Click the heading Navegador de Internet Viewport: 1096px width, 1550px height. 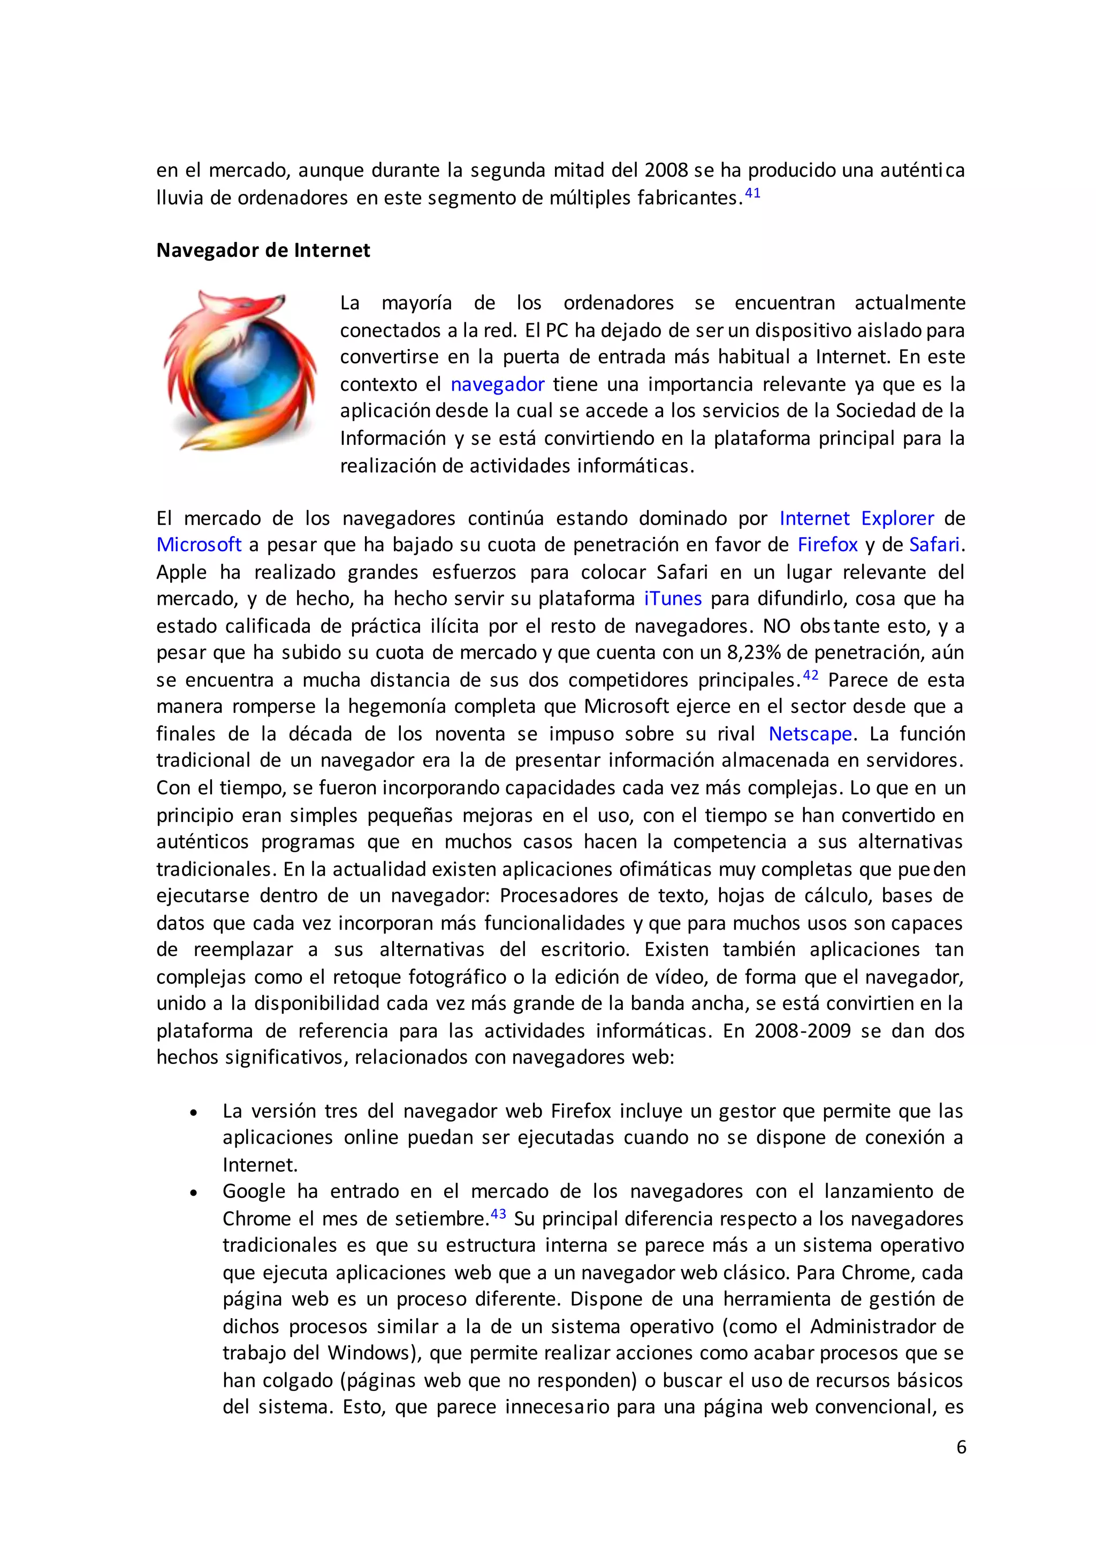point(263,250)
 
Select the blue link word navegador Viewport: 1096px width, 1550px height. point(497,384)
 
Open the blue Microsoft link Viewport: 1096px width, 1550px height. point(199,545)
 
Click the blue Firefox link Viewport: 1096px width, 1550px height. point(827,545)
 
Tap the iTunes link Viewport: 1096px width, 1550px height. point(673,599)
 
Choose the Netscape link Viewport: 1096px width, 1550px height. point(810,734)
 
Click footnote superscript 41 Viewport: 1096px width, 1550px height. point(752,193)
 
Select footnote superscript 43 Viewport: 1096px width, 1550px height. point(498,1214)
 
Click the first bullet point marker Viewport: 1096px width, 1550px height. point(194,1112)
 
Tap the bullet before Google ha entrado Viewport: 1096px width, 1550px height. point(194,1193)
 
